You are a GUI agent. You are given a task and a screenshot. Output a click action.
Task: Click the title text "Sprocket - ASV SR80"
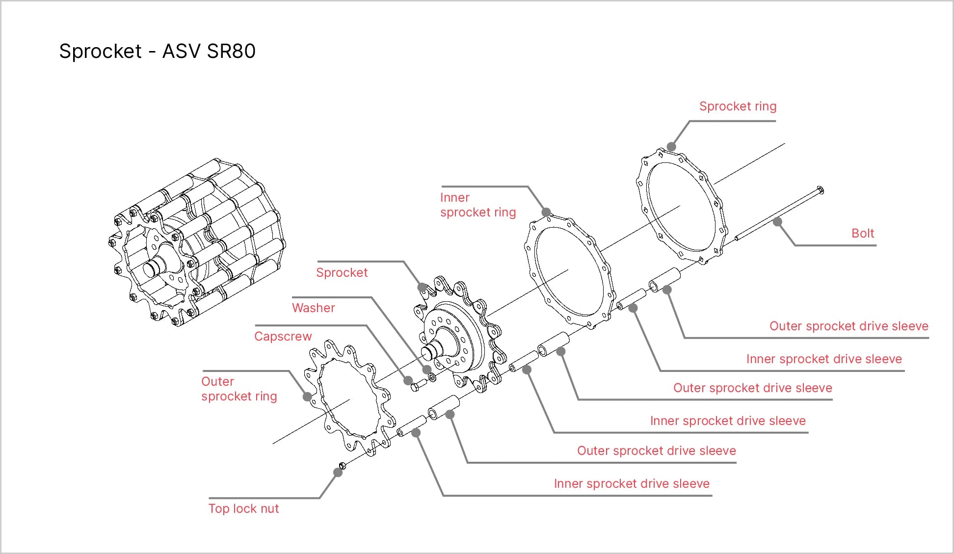(157, 51)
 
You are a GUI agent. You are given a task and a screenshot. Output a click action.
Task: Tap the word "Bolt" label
(863, 233)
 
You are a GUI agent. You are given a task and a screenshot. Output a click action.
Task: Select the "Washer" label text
(314, 308)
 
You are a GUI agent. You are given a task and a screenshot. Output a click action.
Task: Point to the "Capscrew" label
(283, 336)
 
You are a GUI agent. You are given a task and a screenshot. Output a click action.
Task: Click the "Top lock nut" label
(243, 508)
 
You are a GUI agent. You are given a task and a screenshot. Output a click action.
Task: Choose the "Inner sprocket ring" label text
(478, 205)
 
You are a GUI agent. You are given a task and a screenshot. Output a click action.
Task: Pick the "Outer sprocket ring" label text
(239, 389)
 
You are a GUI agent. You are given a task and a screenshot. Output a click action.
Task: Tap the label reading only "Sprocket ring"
(738, 106)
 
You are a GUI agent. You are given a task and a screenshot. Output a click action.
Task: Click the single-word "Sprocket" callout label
(342, 272)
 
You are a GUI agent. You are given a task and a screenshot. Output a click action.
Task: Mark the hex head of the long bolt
(820, 190)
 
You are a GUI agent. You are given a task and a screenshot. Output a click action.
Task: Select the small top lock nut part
(343, 465)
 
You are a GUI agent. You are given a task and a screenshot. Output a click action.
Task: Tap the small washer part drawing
(432, 377)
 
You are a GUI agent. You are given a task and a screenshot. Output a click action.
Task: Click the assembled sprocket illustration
(196, 242)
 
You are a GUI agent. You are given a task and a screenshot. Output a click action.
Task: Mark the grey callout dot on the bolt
(777, 222)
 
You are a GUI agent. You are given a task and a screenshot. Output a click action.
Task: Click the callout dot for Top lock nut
(338, 472)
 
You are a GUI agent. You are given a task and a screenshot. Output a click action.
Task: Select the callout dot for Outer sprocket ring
(308, 396)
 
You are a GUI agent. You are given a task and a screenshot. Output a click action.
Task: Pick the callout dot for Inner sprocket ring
(546, 212)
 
